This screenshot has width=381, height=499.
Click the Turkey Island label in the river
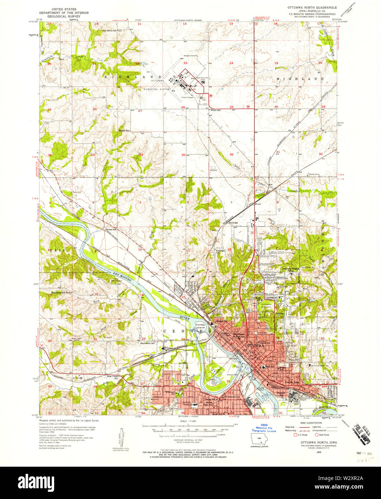[x=200, y=326]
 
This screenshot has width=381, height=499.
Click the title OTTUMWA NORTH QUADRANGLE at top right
[x=311, y=7]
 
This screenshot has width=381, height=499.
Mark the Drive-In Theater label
[x=187, y=98]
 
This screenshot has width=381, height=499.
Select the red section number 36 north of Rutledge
[x=232, y=155]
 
